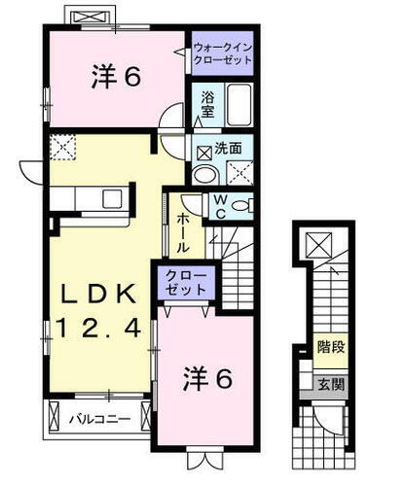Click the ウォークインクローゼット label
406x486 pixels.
tap(222, 52)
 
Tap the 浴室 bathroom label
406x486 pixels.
tap(207, 103)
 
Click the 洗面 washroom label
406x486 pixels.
tap(230, 150)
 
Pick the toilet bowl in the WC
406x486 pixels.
tap(243, 205)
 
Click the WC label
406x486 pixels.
tap(219, 206)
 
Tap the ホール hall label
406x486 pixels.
tap(183, 230)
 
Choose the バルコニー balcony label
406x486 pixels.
tap(94, 420)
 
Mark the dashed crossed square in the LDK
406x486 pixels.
tap(61, 148)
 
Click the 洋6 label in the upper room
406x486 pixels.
tap(110, 77)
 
